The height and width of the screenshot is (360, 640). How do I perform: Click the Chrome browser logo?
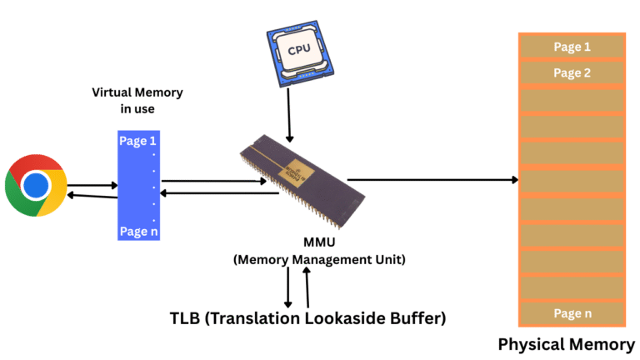coord(36,185)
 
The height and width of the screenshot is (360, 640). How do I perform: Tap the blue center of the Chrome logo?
coord(36,185)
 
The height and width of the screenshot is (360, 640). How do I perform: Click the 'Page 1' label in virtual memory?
coord(137,142)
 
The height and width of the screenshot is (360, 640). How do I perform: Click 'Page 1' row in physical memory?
coord(572,47)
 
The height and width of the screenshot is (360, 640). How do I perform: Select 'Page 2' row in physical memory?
coord(572,73)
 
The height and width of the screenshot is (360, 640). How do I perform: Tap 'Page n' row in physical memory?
coord(572,313)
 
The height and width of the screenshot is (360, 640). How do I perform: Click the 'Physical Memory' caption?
coord(567,343)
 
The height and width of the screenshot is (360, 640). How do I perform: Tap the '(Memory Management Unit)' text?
coord(319,260)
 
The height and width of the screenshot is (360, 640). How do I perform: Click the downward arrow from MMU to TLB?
coord(288,287)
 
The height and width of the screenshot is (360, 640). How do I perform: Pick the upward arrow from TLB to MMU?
coord(308,287)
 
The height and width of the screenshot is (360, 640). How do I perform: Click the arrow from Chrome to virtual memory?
coord(92,186)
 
